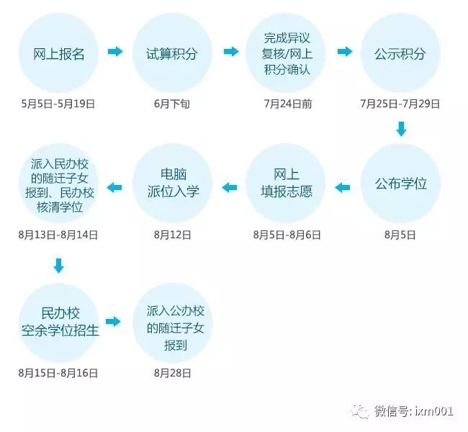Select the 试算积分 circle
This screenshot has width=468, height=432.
172,53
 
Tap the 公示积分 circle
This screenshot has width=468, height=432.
400,53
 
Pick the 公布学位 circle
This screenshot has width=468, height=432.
400,184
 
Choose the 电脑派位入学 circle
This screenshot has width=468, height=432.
172,184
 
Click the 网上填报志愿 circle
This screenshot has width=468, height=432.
286,184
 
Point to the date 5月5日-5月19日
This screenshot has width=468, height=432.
58,104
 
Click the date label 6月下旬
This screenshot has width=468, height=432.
172,104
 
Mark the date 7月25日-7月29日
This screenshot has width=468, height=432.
400,104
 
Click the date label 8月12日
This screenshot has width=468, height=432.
172,235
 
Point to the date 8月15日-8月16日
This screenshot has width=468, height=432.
58,373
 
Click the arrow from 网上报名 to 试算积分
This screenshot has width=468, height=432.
115,52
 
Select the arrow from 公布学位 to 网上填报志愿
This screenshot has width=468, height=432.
343,188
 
